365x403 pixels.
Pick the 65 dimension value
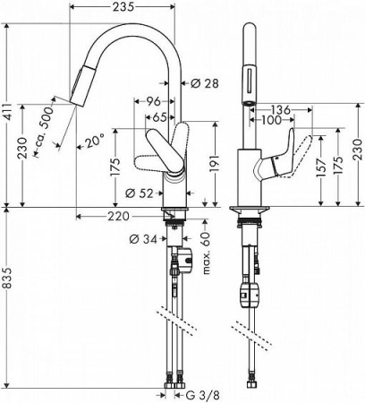[157, 116]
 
